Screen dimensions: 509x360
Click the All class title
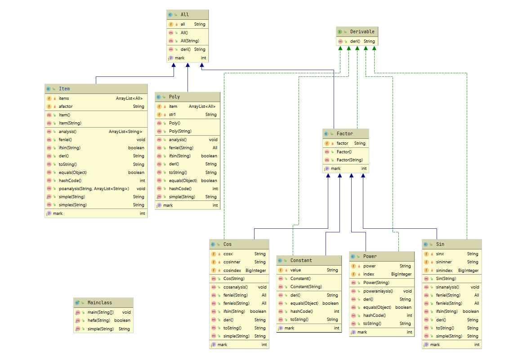(185, 14)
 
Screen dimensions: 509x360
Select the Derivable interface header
(357, 31)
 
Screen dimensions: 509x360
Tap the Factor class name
(344, 133)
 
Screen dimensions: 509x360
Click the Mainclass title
(100, 302)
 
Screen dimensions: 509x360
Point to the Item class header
(96, 89)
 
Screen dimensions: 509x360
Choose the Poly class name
(174, 97)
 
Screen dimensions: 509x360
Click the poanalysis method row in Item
(96, 188)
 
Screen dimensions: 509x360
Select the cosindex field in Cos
(239, 270)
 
